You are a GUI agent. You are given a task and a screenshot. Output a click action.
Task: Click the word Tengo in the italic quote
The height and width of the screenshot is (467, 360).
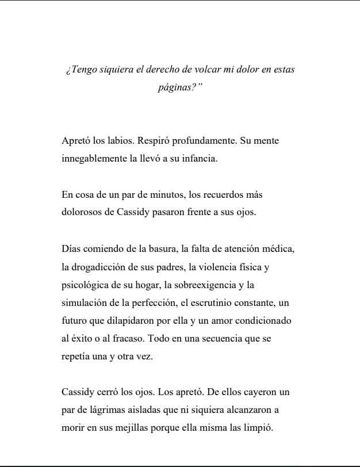click(83, 70)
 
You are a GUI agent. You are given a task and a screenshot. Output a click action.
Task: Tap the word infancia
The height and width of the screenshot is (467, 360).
click(200, 158)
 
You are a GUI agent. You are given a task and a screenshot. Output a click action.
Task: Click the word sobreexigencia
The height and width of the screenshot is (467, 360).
click(205, 285)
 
